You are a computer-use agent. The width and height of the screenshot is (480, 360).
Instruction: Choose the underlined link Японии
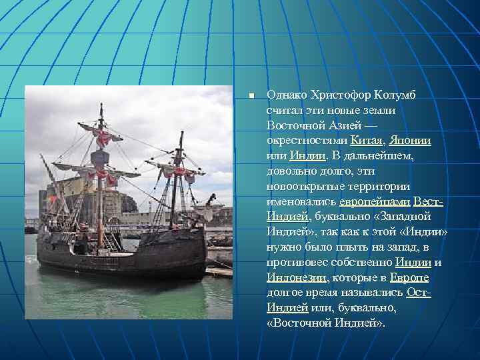(410, 141)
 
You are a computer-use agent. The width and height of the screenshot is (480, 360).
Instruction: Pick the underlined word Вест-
(428, 201)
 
